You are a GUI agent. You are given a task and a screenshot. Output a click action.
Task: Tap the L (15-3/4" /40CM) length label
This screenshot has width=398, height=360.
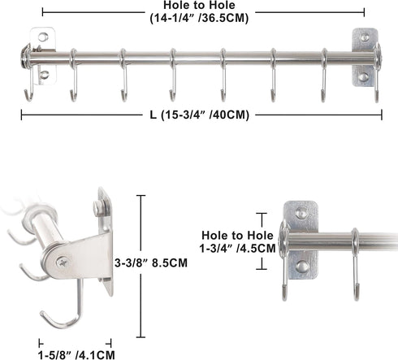pyautogui.click(x=200, y=115)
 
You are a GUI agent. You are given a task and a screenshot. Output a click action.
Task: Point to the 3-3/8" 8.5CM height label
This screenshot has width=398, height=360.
pyautogui.click(x=151, y=262)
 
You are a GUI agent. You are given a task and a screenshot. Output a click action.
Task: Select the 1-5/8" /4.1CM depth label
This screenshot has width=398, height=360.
pyautogui.click(x=76, y=354)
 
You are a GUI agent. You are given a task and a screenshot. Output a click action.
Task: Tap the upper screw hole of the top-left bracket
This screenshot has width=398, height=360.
pyautogui.click(x=43, y=37)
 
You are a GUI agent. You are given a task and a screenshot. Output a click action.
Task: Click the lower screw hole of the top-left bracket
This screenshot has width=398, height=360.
pyautogui.click(x=43, y=75)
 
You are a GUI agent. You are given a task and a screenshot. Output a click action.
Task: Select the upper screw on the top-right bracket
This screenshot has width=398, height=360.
pyautogui.click(x=365, y=37)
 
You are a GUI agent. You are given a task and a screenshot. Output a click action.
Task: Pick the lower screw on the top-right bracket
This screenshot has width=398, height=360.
pyautogui.click(x=363, y=77)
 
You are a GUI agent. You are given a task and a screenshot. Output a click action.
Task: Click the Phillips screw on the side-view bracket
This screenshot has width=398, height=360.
pyautogui.click(x=63, y=262)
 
